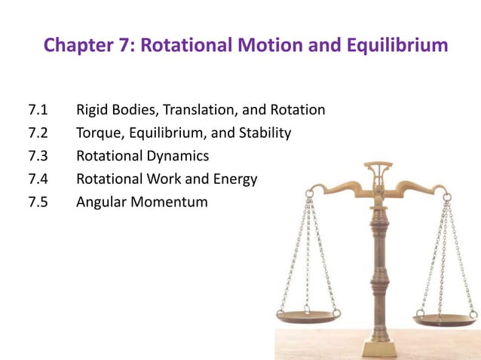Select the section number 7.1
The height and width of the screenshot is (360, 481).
click(38, 111)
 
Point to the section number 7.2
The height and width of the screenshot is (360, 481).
click(38, 133)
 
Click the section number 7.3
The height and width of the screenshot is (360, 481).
click(38, 157)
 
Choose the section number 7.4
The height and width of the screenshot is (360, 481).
click(38, 179)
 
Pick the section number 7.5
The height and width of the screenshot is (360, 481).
click(38, 202)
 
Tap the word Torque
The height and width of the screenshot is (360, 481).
click(99, 134)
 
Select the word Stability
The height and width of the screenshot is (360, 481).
click(263, 133)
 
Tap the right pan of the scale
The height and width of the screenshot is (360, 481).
click(445, 320)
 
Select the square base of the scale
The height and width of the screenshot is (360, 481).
click(377, 349)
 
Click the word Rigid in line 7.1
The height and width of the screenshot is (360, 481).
click(93, 111)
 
